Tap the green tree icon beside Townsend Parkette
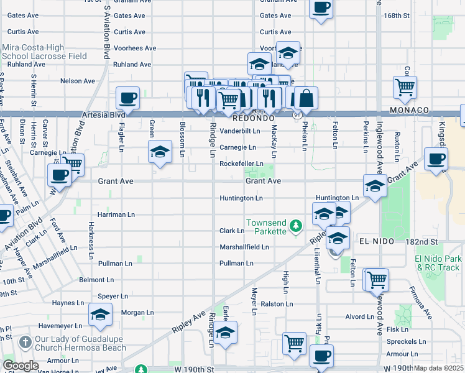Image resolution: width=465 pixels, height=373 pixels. [x=297, y=224]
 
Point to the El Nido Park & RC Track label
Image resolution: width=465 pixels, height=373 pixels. [x=438, y=262]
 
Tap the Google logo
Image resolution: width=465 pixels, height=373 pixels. [x=21, y=366]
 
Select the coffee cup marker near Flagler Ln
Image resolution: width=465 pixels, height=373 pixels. [x=127, y=98]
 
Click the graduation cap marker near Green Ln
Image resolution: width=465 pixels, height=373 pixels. [x=160, y=151]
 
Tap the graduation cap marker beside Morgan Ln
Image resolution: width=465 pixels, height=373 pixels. [x=100, y=315]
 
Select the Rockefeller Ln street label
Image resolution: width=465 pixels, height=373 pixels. [x=241, y=163]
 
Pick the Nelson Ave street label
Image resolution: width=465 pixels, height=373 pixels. [x=77, y=81]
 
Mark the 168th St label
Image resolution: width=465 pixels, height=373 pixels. [x=415, y=15]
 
